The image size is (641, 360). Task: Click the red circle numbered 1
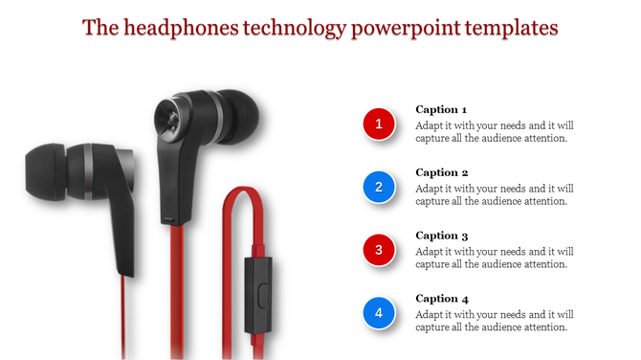pos(379,124)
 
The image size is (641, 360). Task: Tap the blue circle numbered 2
pos(379,187)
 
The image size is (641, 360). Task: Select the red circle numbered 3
pos(379,250)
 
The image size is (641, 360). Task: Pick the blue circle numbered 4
pos(379,312)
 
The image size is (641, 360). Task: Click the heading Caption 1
pos(441,109)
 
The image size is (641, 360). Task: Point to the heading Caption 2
pos(441,172)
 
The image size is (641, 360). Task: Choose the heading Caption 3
pos(441,236)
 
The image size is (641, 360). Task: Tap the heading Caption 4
pos(441,299)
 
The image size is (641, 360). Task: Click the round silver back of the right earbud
pos(167,117)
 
